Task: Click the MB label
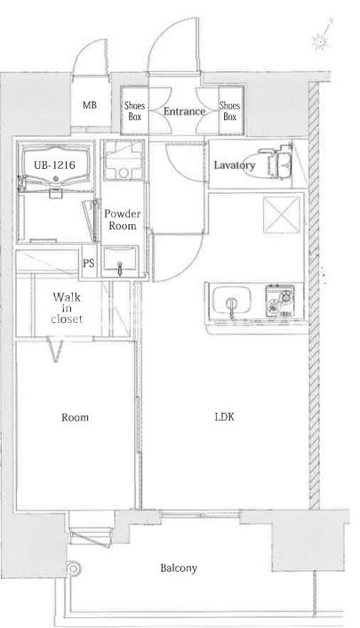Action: coord(90,105)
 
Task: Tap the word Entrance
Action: coord(184,111)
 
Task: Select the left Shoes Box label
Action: coord(134,111)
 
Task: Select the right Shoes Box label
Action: coord(230,111)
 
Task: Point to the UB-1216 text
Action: coord(54,165)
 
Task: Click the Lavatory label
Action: coord(235,165)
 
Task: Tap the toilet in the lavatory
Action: coord(276,162)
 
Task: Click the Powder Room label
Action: coord(123,220)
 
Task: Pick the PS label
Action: coord(89,262)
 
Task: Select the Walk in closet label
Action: coord(67,308)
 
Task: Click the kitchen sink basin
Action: coord(232,300)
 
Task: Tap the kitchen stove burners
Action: coord(280,301)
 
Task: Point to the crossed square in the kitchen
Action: coord(282,214)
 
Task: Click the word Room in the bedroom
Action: coord(75,417)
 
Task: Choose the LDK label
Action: coord(225,417)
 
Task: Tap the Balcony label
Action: coord(179,568)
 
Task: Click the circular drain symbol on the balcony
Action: coord(73,568)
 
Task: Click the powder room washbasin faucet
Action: coord(119,268)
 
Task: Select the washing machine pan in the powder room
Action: coord(124,159)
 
